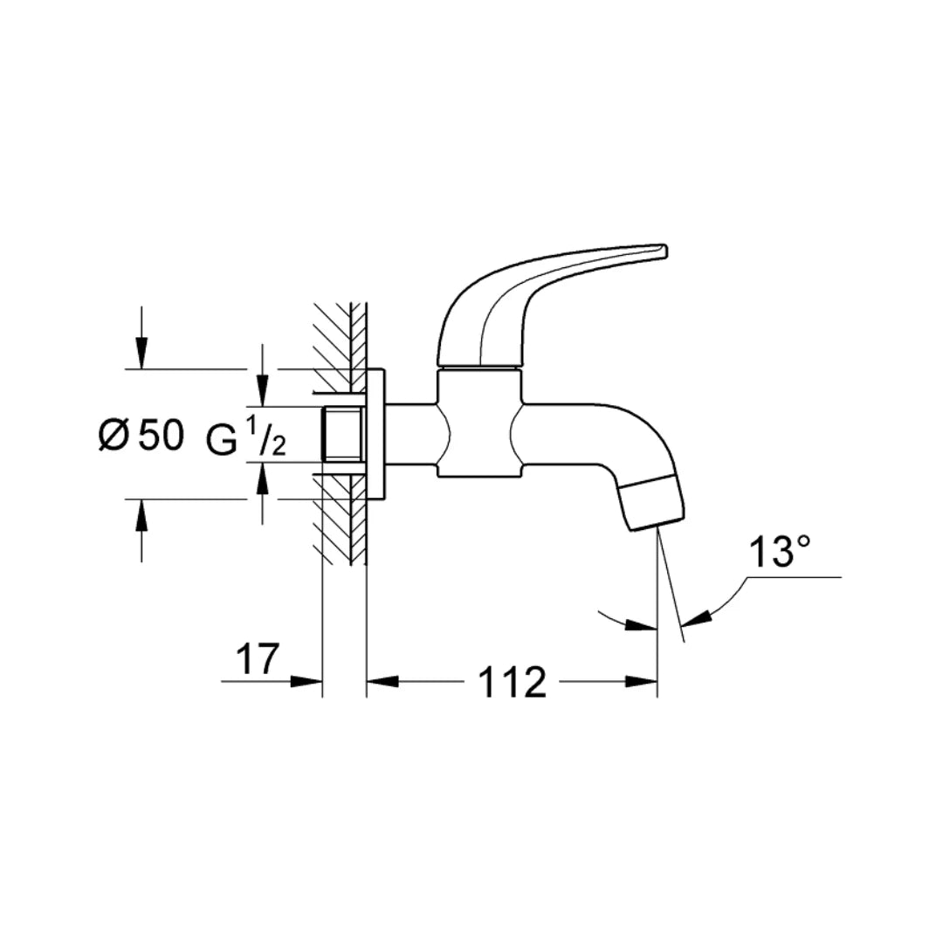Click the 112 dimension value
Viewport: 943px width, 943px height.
[x=512, y=682]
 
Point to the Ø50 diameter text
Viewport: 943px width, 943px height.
[x=141, y=435]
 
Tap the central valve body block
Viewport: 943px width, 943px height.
[x=478, y=423]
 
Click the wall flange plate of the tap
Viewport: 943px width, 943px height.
[x=375, y=435]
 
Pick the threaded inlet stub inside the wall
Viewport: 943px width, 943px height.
[x=342, y=435]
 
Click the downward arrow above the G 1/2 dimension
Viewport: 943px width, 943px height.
[x=262, y=393]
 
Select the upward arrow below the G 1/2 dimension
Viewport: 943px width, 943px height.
[x=262, y=477]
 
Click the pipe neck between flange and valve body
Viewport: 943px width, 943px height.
[x=410, y=435]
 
